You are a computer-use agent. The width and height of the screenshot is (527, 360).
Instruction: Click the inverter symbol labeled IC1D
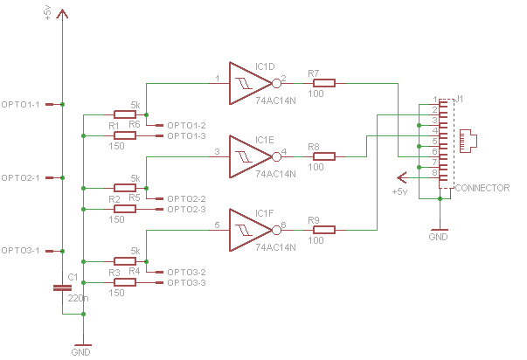coord(249,83)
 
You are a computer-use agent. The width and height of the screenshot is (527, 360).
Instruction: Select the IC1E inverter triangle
coord(249,156)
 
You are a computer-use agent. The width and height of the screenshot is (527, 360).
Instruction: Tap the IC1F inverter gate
coord(249,230)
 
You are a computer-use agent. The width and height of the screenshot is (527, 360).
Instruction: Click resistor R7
coord(323,83)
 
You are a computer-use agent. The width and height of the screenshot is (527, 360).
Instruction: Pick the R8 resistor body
coord(323,156)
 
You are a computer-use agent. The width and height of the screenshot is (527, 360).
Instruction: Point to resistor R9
coord(323,230)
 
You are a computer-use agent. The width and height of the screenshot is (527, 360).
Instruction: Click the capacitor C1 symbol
coord(61,288)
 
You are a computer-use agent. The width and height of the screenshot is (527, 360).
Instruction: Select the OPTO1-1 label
coord(22,105)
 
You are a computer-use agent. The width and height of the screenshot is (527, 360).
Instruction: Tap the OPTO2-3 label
coord(186,210)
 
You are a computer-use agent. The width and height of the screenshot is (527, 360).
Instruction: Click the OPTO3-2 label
coord(186,273)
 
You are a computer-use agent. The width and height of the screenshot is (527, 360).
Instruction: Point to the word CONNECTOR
coord(482,188)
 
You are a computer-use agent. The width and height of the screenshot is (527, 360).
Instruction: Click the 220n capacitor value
coord(78,298)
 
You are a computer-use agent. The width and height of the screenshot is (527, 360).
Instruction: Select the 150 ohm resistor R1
coord(124,136)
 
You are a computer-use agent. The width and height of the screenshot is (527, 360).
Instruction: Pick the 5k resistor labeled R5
coord(124,188)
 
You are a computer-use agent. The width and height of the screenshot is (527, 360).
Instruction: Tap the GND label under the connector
coord(439,237)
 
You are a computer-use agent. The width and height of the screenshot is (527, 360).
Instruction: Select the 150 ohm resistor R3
coord(124,283)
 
